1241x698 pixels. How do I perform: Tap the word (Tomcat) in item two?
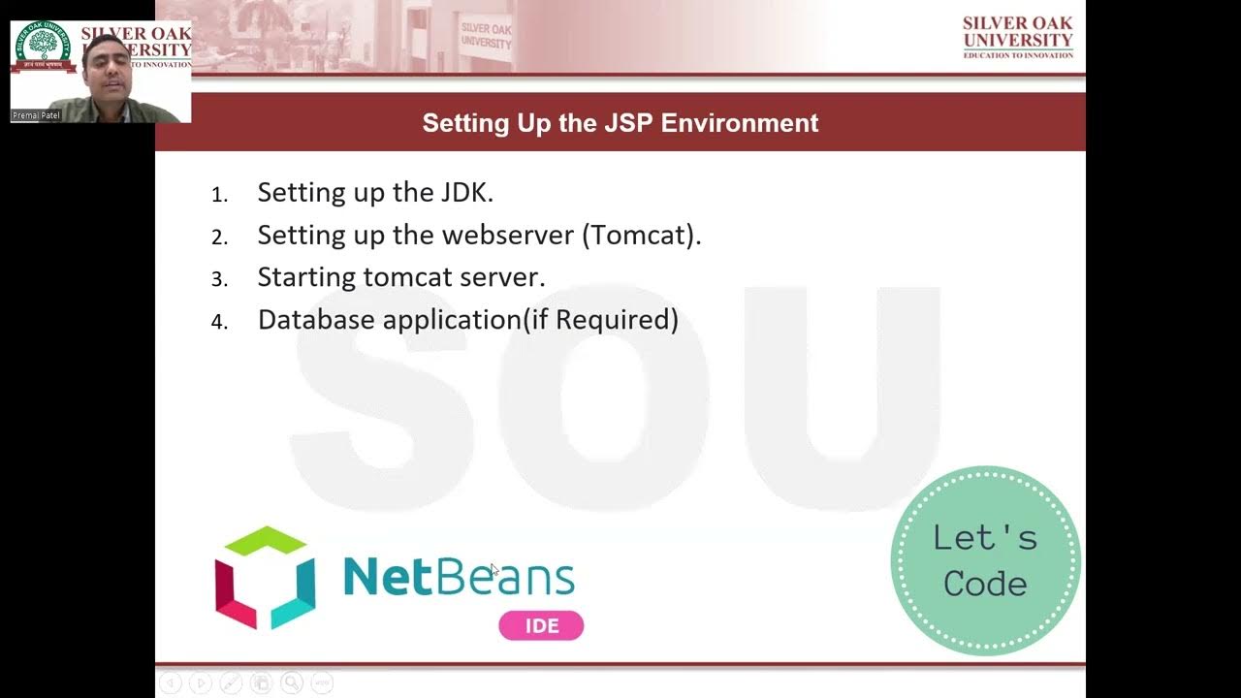[x=641, y=235]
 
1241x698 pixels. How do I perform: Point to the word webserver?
[x=508, y=235]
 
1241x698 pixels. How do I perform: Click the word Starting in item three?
[x=306, y=277]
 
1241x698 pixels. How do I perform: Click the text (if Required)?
[x=601, y=319]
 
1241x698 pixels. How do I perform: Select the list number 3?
[x=219, y=279]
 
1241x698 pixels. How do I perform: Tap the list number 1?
[x=219, y=195]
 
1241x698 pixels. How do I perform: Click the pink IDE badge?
[x=541, y=625]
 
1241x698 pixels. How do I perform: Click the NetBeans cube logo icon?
[x=265, y=578]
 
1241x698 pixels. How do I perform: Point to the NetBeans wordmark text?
[x=459, y=578]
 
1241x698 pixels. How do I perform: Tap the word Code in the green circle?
[x=985, y=584]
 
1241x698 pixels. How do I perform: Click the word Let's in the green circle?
[x=985, y=537]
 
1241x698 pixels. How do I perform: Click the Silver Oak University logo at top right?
[x=1018, y=37]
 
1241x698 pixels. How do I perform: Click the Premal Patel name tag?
[x=36, y=115]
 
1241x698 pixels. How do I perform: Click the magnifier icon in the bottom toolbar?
[x=292, y=683]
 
